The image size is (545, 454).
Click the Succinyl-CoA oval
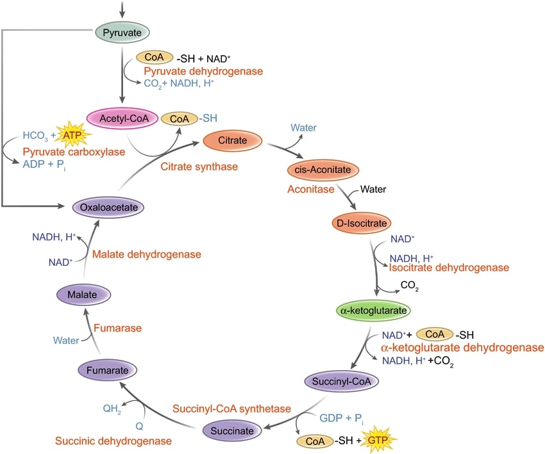point(340,382)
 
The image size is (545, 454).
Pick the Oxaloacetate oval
point(108,207)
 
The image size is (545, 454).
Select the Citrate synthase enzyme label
point(199,166)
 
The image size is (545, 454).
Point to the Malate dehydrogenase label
point(146,254)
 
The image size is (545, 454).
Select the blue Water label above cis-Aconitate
point(303,127)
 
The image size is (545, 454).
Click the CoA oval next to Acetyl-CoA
point(178,118)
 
